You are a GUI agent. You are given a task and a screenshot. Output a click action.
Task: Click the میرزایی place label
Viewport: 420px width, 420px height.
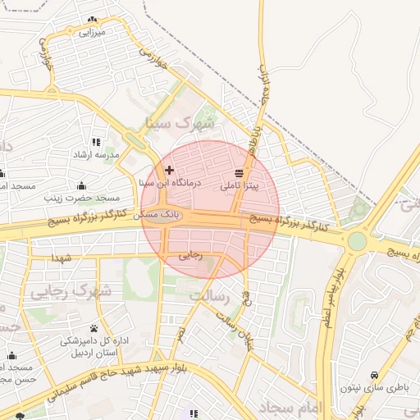92,33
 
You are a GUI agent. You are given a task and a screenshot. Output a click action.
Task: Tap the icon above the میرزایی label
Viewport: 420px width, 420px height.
92,20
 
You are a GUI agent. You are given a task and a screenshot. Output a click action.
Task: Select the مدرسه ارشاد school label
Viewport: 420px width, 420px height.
97,154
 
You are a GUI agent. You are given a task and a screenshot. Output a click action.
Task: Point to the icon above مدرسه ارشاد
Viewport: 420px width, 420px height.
97,142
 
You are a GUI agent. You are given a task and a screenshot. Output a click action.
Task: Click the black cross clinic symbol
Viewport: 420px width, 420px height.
169,171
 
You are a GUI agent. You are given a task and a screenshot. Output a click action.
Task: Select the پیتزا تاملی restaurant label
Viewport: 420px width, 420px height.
239,186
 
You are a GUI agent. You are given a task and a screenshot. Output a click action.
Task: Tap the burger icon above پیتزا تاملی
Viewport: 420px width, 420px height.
239,174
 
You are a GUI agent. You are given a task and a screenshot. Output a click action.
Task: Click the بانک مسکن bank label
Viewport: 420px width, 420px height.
157,214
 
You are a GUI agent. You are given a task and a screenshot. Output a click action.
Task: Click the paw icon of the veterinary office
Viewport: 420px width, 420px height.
94,328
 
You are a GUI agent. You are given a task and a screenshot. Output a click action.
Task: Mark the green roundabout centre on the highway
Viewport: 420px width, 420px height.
357,241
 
